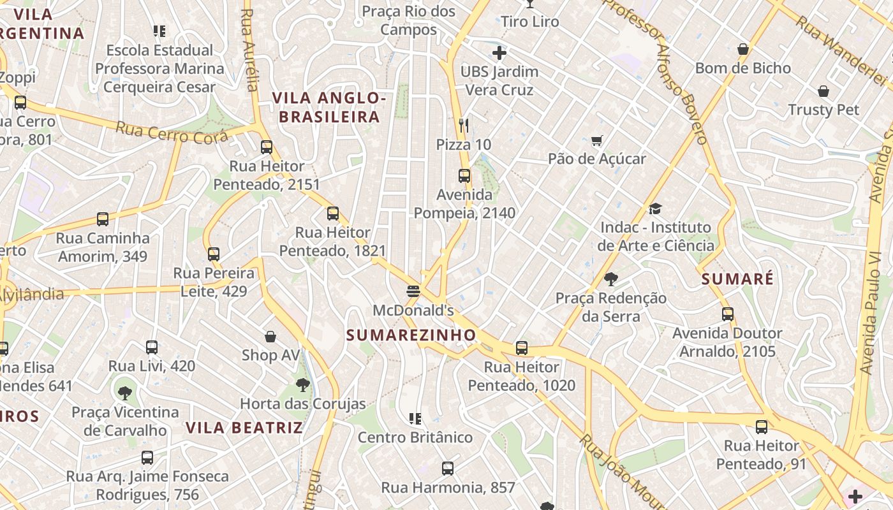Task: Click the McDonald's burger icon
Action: point(413,291)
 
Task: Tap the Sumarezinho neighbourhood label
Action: point(411,335)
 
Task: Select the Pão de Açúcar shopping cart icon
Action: point(597,140)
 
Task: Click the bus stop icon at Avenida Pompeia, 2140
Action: point(464,176)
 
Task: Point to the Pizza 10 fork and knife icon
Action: point(464,125)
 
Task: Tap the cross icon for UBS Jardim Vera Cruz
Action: point(499,53)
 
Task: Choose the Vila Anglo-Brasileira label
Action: point(329,107)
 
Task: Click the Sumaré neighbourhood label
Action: point(737,279)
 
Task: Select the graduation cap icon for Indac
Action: point(655,208)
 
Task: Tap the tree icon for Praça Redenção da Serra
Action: point(610,279)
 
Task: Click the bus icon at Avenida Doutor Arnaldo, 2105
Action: point(728,314)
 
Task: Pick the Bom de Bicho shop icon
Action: point(742,49)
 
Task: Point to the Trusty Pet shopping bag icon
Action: point(823,91)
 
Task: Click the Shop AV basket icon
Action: point(270,337)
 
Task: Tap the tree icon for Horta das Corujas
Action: point(303,384)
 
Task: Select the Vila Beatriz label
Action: point(244,427)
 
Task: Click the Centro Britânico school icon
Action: point(415,419)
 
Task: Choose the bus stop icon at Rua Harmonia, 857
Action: point(448,469)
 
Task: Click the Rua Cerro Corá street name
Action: point(172,133)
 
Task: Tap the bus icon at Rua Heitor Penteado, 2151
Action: point(267,147)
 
